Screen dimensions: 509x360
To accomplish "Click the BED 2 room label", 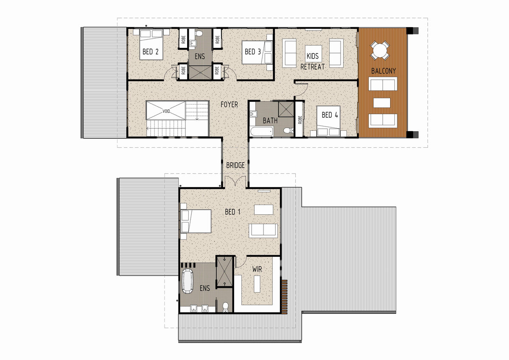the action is click(151, 52).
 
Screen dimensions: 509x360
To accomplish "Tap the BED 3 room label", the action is click(253, 52).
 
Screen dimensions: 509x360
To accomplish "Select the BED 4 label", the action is click(330, 115).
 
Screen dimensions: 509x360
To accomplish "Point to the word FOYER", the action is click(229, 104).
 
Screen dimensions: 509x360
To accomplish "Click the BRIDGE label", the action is click(235, 165).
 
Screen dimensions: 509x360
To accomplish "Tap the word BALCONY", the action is click(383, 71).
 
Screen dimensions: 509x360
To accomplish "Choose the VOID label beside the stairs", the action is click(166, 111).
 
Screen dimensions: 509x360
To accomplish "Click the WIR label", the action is click(257, 269).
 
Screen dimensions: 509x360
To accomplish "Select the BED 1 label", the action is click(232, 212).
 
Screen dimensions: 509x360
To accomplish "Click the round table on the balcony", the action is click(380, 51).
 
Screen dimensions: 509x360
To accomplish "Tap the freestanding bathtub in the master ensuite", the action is click(187, 281).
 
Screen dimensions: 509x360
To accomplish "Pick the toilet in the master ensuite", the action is click(225, 307).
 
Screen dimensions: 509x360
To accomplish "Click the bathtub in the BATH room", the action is click(262, 132).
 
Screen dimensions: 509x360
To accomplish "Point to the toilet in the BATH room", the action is click(288, 131).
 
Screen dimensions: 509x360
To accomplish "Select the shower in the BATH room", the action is click(286, 110).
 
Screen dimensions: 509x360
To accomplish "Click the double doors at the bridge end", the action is click(235, 182).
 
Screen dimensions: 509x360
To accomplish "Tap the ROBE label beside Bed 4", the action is click(300, 120).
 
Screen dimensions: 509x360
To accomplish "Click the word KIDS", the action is click(313, 56).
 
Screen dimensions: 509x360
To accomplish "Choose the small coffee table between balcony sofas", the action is click(382, 103).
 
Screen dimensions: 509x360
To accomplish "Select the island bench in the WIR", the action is click(257, 284).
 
